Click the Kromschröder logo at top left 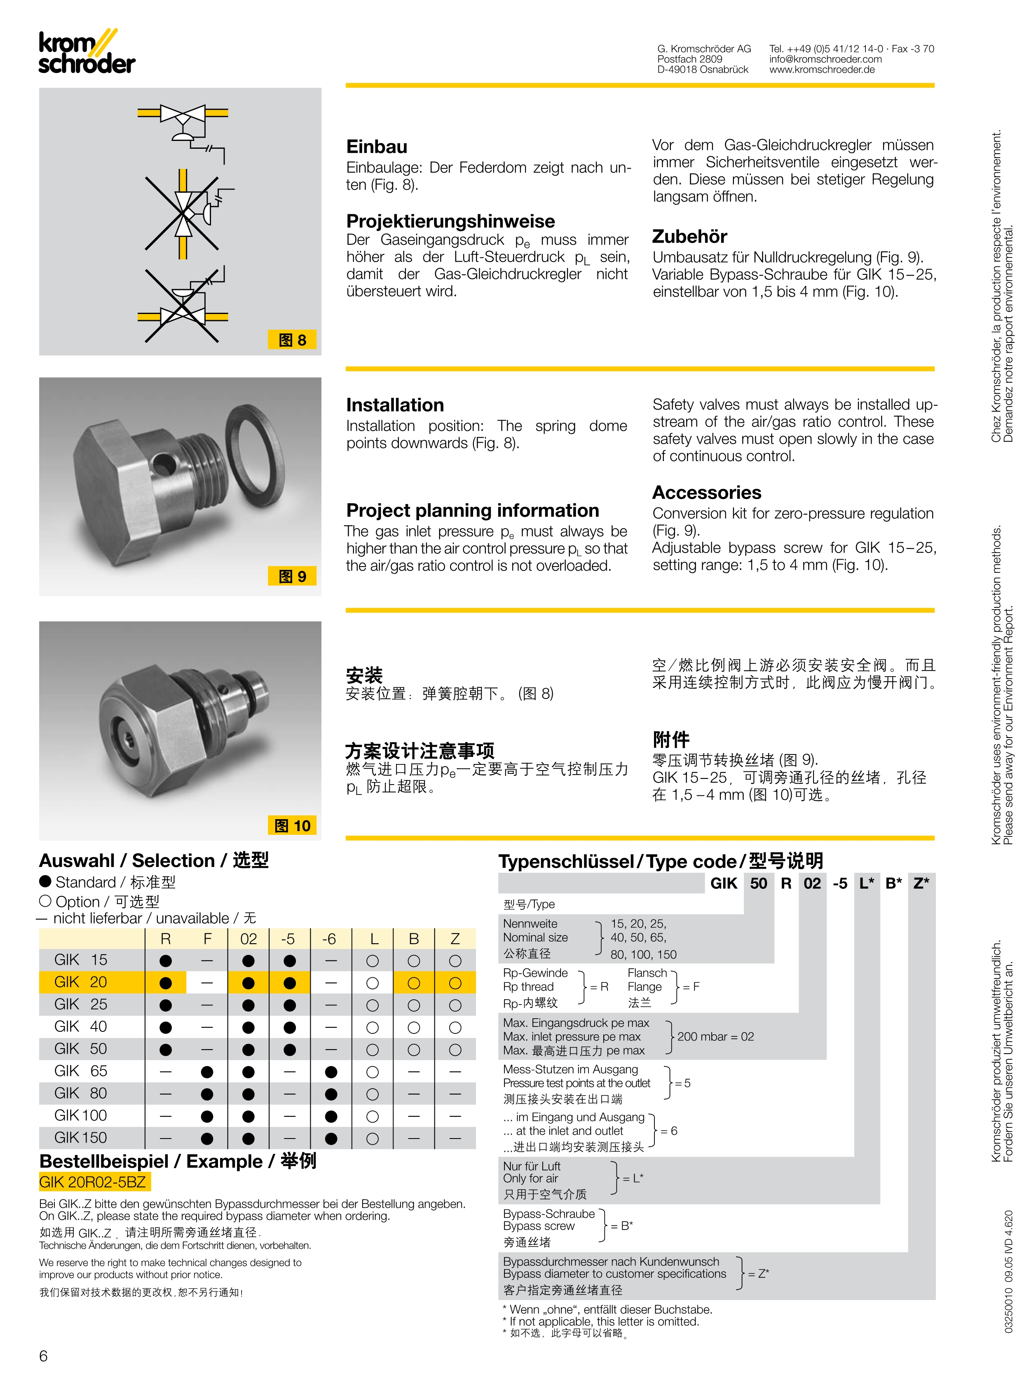pos(87,53)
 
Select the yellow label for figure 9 pos(292,576)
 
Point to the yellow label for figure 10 pos(292,825)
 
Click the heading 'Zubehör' pos(689,237)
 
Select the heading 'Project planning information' pos(472,511)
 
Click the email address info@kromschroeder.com pos(825,59)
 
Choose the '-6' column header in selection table pos(329,939)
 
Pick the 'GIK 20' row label pos(80,982)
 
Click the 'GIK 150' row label pos(80,1138)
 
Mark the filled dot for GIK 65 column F pos(207,1071)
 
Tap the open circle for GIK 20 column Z pos(455,983)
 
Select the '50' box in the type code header pos(758,883)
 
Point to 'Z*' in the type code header pos(921,883)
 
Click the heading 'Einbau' pos(377,147)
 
